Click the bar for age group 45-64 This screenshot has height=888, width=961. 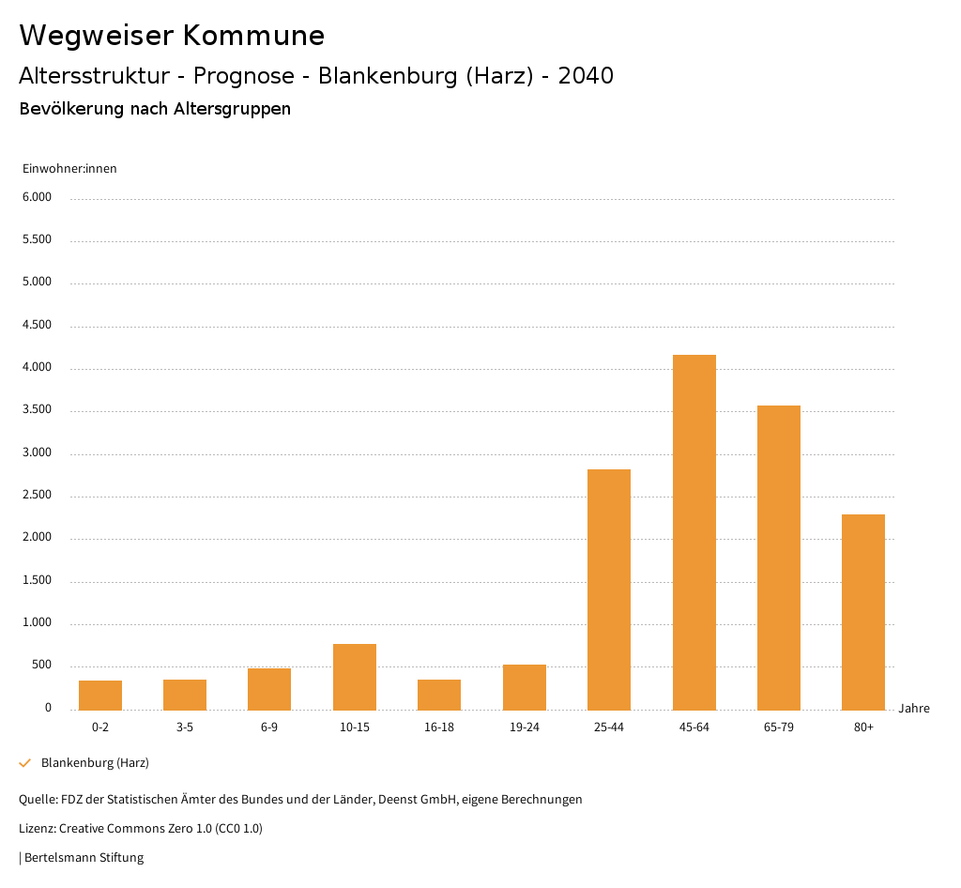click(694, 532)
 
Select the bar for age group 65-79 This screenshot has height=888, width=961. click(778, 558)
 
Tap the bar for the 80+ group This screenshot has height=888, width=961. click(862, 612)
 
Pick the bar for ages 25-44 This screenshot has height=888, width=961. click(608, 589)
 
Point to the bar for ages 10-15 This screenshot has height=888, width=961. click(354, 677)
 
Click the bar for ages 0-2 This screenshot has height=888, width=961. click(99, 695)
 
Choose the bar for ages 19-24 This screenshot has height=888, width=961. click(524, 687)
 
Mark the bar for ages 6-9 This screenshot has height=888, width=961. click(269, 689)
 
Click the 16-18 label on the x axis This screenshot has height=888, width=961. click(439, 727)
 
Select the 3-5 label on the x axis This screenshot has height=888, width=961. click(185, 727)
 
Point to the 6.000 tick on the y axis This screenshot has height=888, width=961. click(38, 197)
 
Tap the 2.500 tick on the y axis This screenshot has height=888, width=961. click(38, 495)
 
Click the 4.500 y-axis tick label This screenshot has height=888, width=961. click(38, 325)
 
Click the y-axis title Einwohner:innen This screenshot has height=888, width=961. click(69, 169)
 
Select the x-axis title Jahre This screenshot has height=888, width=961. click(913, 709)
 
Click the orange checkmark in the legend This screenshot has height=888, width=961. click(25, 763)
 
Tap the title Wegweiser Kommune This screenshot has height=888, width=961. click(172, 36)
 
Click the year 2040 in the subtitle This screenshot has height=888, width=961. click(586, 76)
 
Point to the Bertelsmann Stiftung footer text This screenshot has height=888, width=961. click(84, 857)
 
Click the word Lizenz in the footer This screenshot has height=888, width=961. click(37, 829)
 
